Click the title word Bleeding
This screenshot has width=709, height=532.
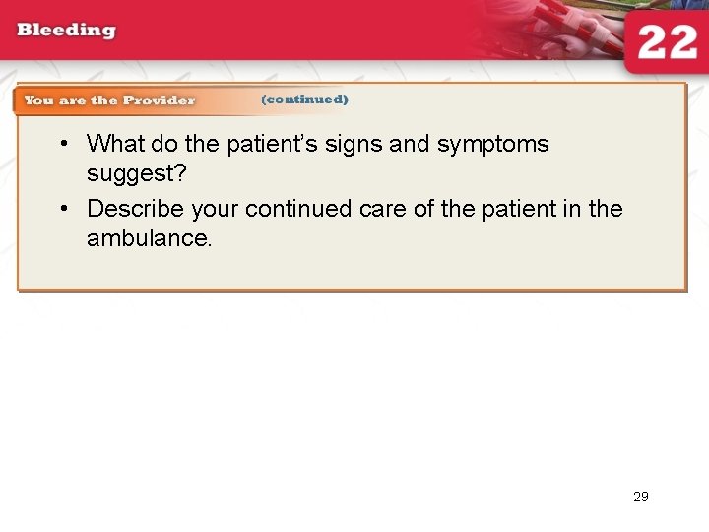pos(66,30)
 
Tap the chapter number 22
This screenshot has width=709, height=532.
pos(668,43)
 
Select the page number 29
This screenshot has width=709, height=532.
pos(641,497)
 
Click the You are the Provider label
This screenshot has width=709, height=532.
pos(109,100)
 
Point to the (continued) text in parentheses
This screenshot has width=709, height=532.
pos(304,100)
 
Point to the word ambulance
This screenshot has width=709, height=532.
pos(149,238)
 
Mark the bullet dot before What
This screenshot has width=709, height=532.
pos(62,144)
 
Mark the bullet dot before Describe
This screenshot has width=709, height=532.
pos(62,209)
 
